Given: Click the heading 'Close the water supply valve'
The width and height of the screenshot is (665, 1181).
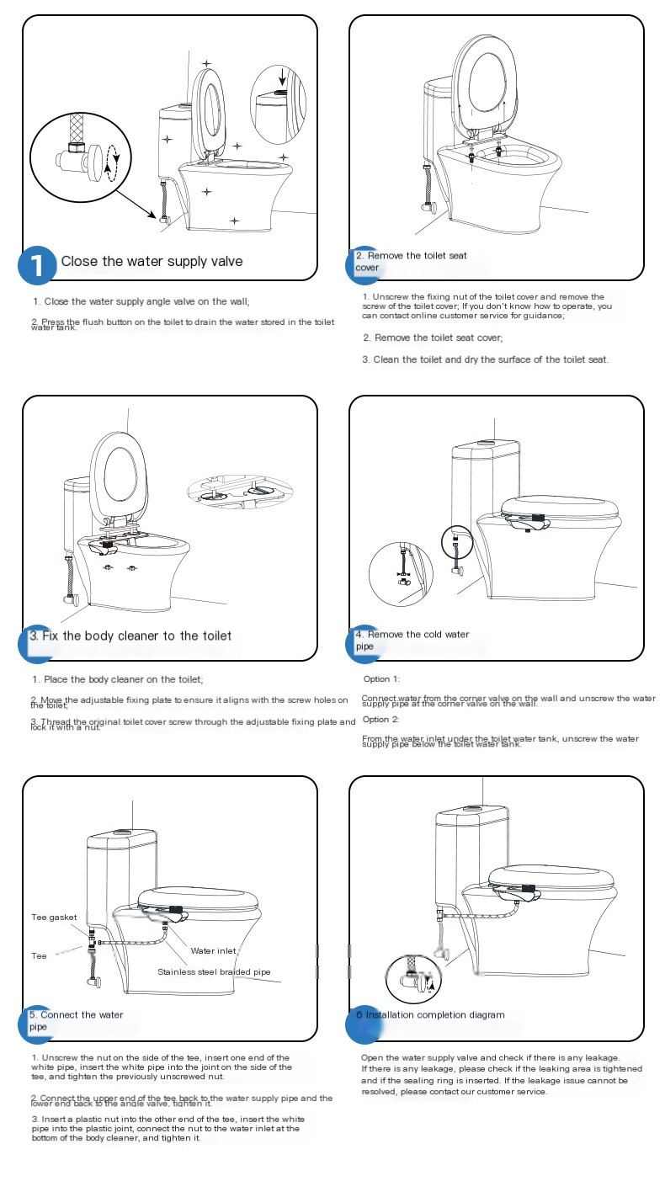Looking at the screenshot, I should (x=152, y=262).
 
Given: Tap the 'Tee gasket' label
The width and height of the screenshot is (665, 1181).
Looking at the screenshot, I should (x=54, y=918).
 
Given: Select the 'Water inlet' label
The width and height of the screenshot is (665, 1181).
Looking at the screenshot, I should (x=214, y=950).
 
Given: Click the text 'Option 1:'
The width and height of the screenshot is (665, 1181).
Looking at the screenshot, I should (x=381, y=678).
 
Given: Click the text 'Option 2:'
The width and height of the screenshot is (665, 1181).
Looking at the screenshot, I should (x=381, y=720).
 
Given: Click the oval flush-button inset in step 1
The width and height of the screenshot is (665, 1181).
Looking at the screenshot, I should (x=281, y=104).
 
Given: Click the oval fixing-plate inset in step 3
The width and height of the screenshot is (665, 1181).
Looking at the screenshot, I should (x=242, y=492).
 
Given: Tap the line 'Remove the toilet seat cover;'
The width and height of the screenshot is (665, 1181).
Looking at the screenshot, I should (x=433, y=338).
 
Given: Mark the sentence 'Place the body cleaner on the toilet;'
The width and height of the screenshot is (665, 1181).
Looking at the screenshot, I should (x=118, y=679).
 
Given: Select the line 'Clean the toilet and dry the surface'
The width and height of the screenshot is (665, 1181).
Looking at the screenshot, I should (x=485, y=359).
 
